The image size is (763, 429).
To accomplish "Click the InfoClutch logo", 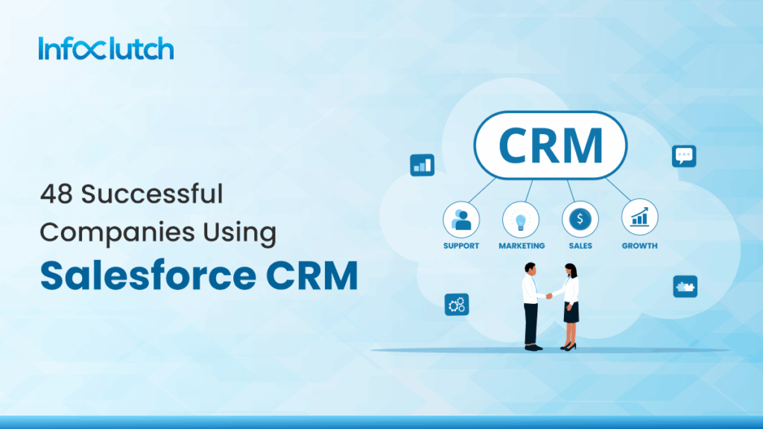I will (x=105, y=49).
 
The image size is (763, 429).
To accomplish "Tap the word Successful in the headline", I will (x=152, y=195).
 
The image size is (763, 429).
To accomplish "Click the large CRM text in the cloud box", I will (x=551, y=145).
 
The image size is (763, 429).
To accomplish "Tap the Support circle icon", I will (x=461, y=219).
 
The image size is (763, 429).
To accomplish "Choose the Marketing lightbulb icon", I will (x=521, y=219).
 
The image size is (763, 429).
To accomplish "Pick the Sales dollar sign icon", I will (x=580, y=219).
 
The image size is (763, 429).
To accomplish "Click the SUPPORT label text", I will (x=461, y=246).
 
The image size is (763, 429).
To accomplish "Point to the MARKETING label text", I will (x=522, y=246).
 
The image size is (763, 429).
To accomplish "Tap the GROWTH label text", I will (x=639, y=246).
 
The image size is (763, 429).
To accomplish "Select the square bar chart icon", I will (x=422, y=165).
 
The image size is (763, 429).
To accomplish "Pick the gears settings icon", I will (x=456, y=304).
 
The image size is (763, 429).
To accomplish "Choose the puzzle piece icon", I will (x=685, y=286).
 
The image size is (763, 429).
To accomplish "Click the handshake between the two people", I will (x=550, y=295).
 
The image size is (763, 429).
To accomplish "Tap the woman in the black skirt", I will (x=570, y=305).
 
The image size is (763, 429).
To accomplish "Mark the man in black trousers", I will (x=531, y=305).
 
